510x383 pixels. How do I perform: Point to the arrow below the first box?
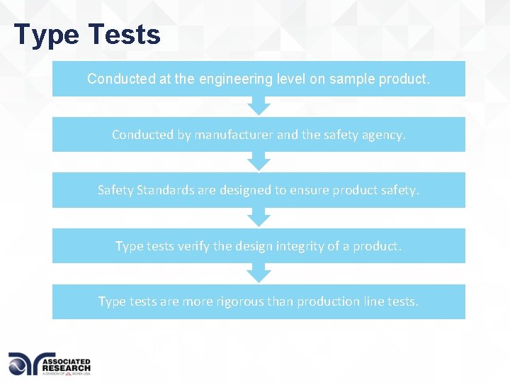259,106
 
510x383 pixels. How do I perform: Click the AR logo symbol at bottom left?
24,364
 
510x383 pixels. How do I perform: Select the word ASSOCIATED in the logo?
67,360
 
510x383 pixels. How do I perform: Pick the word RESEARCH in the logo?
67,367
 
